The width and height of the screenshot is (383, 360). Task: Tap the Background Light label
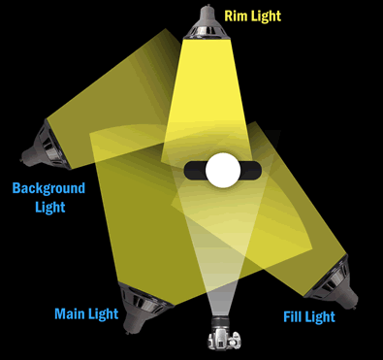click(x=48, y=197)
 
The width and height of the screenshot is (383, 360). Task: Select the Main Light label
click(x=87, y=313)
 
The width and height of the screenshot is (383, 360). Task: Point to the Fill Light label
click(x=308, y=317)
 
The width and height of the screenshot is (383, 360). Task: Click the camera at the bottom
click(x=222, y=339)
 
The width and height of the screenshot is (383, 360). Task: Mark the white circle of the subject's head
click(x=222, y=169)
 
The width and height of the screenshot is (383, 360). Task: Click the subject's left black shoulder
click(x=193, y=170)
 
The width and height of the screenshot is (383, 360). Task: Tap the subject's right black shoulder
click(x=251, y=170)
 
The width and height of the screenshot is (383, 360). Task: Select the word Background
click(x=48, y=188)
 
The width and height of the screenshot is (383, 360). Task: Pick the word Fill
click(x=292, y=317)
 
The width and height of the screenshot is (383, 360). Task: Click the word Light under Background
click(x=48, y=207)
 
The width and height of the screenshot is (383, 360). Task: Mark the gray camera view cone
click(x=221, y=252)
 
